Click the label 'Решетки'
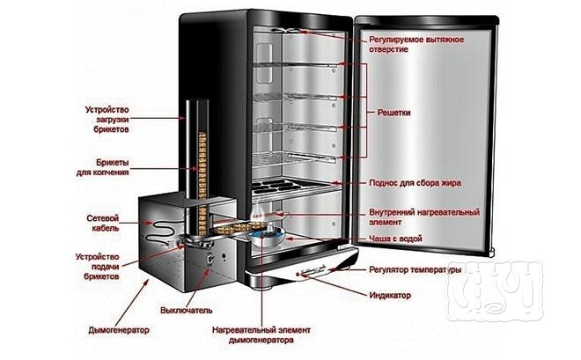coord(393,114)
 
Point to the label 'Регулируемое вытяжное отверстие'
coord(417,44)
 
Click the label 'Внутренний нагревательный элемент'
coord(423,217)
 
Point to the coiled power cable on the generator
coord(162,233)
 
